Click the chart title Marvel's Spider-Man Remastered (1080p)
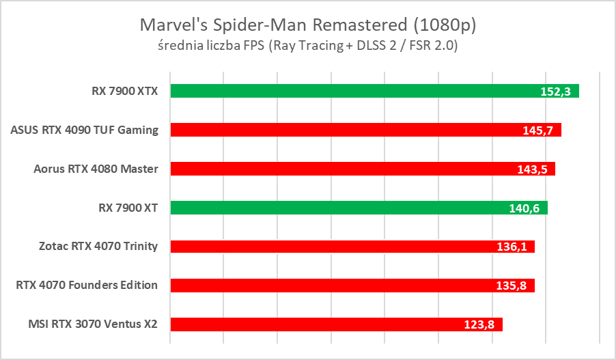pos(307,25)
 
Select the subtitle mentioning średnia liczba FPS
pos(307,46)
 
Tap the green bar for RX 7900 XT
pos(341,208)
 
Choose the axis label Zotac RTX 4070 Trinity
pos(100,247)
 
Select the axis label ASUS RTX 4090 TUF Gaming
pos(85,130)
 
